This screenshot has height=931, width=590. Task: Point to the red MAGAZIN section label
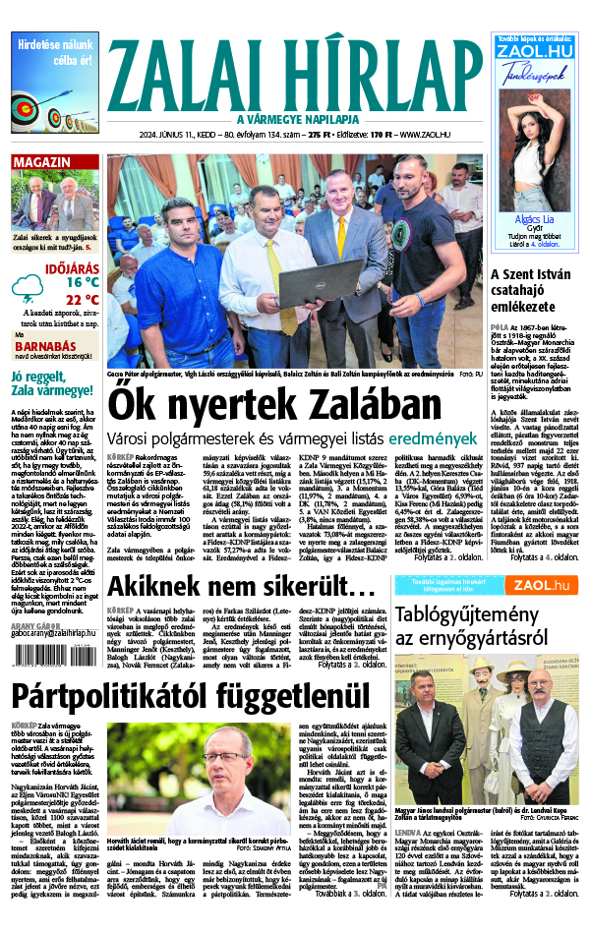coord(42,162)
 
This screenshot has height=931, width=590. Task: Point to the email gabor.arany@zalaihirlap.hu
coord(54,635)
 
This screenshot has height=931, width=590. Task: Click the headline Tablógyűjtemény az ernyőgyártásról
coord(486,625)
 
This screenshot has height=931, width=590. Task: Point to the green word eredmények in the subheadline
coord(427,437)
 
